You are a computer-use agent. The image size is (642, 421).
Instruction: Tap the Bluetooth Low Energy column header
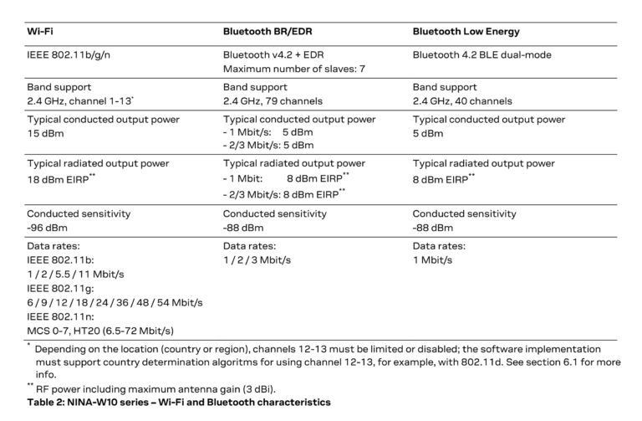[x=466, y=31]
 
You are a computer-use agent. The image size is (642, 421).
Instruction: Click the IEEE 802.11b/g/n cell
[x=69, y=55]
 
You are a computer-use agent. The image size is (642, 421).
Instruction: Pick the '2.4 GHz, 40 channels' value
[x=462, y=100]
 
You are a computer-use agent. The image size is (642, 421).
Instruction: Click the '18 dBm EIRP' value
[x=59, y=178]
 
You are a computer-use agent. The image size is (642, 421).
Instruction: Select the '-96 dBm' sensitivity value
[x=47, y=227]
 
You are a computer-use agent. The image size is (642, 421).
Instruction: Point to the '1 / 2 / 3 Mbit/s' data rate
[x=257, y=259]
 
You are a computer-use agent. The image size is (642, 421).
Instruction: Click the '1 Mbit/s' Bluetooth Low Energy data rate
[x=432, y=259]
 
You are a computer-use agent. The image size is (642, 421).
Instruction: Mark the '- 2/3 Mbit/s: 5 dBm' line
[x=268, y=145]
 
